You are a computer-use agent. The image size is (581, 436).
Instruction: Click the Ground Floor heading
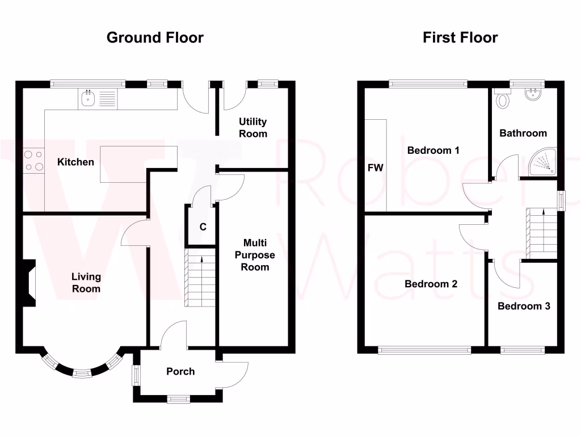click(x=155, y=37)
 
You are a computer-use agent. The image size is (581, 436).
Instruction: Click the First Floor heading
click(x=460, y=37)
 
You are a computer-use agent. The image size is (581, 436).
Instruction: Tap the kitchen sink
click(x=88, y=99)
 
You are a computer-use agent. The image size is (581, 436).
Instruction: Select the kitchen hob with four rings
click(x=33, y=160)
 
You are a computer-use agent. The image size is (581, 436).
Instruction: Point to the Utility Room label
click(x=252, y=128)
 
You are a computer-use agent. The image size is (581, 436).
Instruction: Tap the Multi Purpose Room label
click(x=255, y=255)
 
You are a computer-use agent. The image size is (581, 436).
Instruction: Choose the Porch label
click(x=180, y=371)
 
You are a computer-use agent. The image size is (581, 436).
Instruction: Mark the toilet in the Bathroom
click(x=502, y=100)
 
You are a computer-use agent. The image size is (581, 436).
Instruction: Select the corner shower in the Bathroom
click(x=543, y=161)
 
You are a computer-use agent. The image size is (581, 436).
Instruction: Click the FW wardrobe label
click(x=376, y=167)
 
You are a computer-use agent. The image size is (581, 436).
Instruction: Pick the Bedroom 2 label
click(x=431, y=284)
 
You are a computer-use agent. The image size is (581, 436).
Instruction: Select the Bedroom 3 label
click(x=524, y=306)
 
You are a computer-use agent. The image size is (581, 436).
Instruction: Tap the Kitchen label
click(x=75, y=162)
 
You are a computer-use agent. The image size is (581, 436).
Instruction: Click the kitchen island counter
click(x=138, y=164)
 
